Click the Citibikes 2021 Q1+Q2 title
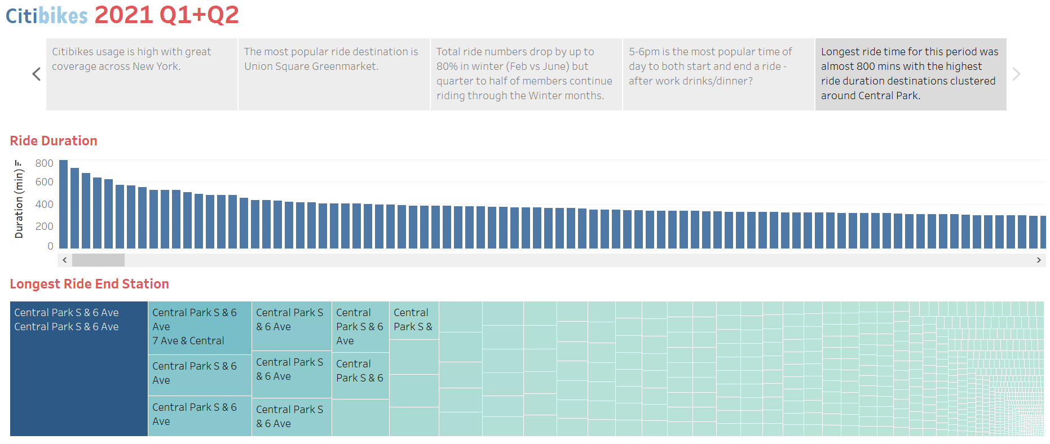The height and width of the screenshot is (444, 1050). [122, 15]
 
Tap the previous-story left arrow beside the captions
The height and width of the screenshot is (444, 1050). [37, 74]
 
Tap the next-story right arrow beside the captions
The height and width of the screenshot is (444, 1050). [1016, 74]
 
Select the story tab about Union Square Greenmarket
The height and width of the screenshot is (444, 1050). [334, 74]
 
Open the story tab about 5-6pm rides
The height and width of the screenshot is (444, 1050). [718, 74]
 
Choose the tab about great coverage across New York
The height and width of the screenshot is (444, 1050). [142, 74]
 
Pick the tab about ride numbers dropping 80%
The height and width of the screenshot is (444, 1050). [526, 74]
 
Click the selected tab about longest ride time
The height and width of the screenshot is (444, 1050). [910, 74]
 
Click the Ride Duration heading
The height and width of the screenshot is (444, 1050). [54, 141]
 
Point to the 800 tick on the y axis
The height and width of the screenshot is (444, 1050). [44, 163]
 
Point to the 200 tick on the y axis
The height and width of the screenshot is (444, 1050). [44, 227]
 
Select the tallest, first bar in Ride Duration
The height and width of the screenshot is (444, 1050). [64, 204]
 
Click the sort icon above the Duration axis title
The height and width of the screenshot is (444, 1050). [18, 163]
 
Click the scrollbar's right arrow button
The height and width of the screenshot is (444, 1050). [1038, 260]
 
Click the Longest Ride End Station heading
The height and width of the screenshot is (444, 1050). [89, 284]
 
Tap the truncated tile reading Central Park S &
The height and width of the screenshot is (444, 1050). [414, 320]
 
